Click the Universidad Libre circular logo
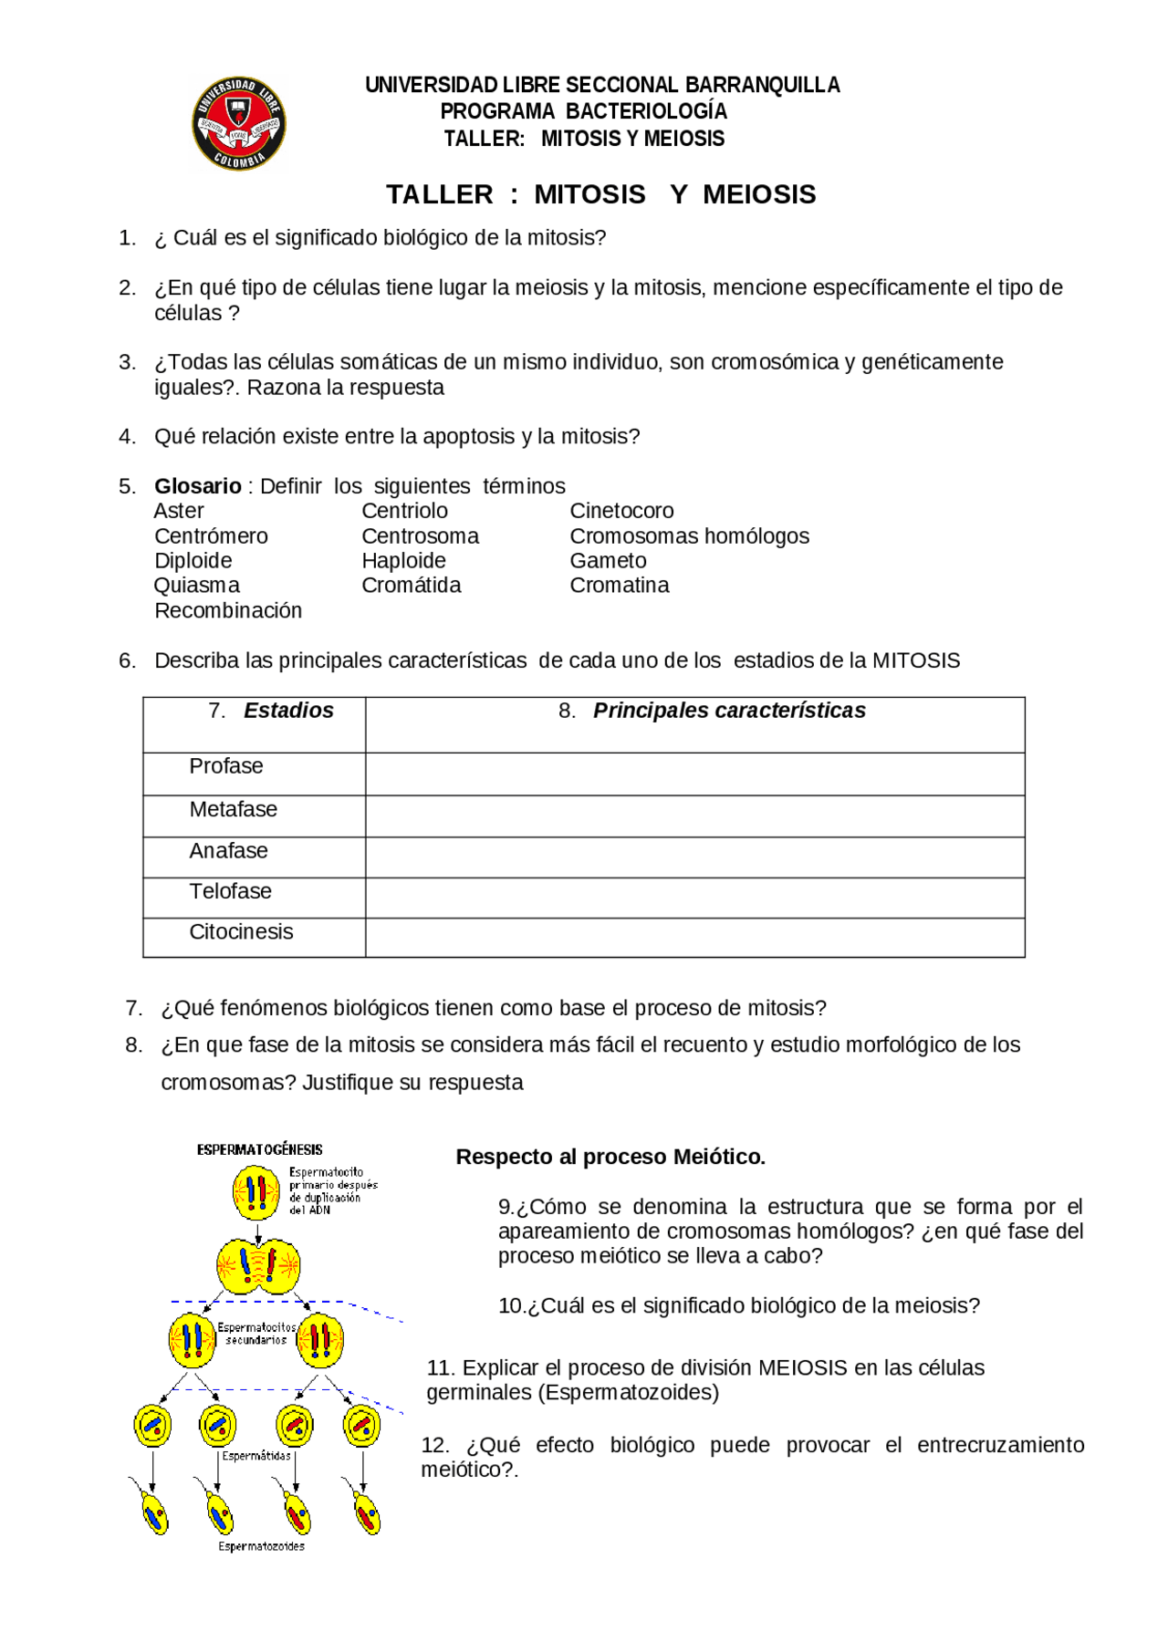(x=239, y=124)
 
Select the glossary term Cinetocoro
(x=621, y=511)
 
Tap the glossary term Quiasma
(x=197, y=586)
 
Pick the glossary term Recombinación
(x=228, y=611)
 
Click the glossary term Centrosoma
(x=420, y=536)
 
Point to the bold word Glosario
(x=197, y=486)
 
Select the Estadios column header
(x=288, y=711)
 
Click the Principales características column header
(x=728, y=711)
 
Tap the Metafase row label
(x=233, y=810)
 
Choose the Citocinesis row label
(x=241, y=932)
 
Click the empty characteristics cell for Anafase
(x=694, y=858)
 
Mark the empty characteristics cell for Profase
(x=694, y=774)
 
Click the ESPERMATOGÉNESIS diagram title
(x=259, y=1149)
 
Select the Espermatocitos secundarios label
(x=256, y=1334)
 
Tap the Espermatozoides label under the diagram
(x=261, y=1546)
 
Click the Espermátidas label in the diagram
(x=256, y=1456)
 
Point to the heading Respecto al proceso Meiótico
(x=610, y=1157)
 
